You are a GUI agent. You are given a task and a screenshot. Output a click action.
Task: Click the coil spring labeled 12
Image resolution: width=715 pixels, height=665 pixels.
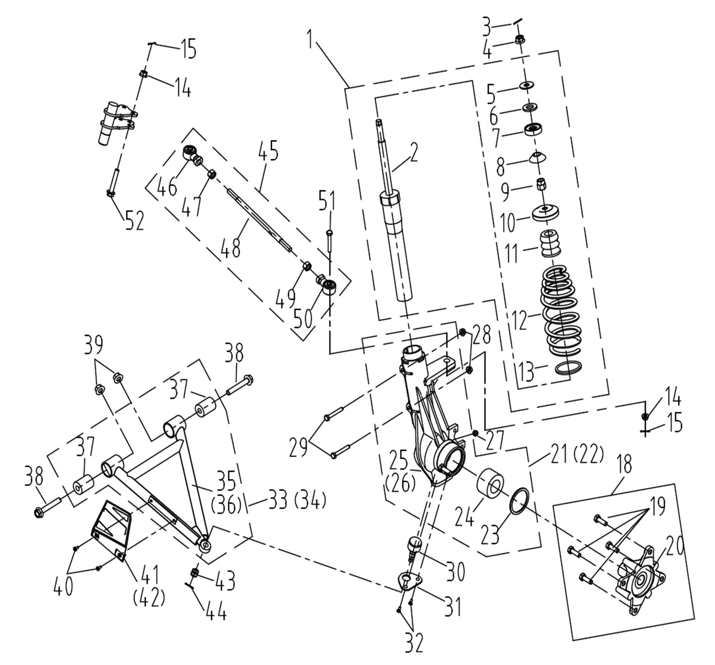560,309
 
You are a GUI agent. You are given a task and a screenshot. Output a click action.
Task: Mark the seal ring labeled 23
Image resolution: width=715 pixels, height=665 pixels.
520,502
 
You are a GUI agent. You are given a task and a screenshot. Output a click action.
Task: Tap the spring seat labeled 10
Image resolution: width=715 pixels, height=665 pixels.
546,213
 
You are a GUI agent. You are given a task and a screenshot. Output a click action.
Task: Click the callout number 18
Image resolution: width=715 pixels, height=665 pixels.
624,464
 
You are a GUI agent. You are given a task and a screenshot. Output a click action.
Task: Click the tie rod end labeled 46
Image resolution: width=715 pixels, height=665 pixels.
190,154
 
